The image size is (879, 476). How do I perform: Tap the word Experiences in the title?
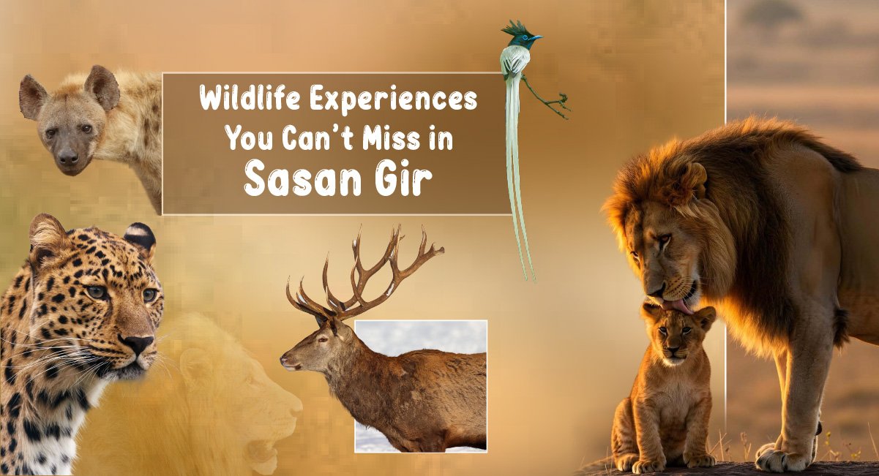pyautogui.click(x=394, y=102)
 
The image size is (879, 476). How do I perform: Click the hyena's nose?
pyautogui.click(x=68, y=158)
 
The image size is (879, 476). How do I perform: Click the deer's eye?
pyautogui.click(x=323, y=339)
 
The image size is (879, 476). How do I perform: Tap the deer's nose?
pyautogui.click(x=284, y=360)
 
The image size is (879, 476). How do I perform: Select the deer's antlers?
pyautogui.click(x=365, y=273)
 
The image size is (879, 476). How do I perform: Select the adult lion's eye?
pyautogui.click(x=664, y=238)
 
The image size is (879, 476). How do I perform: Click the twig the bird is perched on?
pyautogui.click(x=546, y=97)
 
